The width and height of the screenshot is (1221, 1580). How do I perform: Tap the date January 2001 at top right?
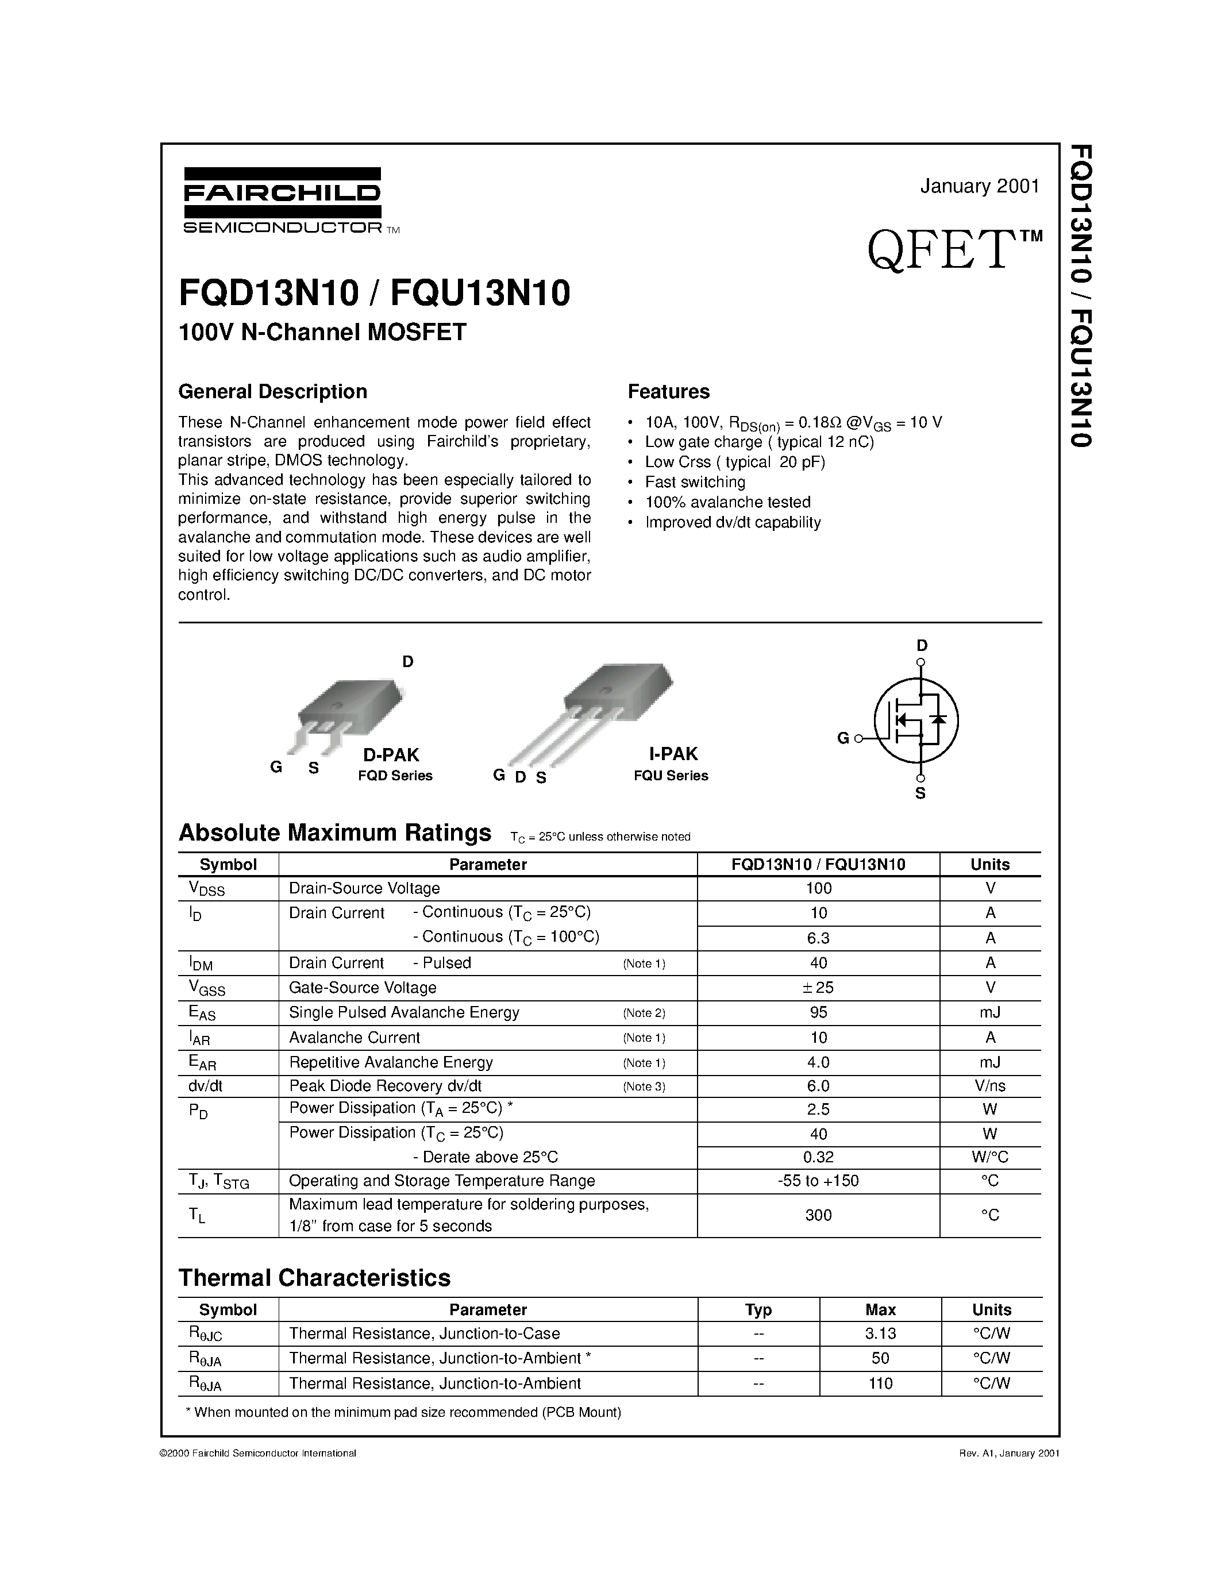point(980,187)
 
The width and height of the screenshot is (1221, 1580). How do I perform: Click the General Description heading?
point(273,391)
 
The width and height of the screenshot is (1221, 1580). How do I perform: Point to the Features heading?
point(668,391)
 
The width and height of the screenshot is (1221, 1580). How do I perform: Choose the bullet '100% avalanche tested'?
point(727,502)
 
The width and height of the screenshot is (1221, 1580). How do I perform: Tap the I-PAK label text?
point(673,754)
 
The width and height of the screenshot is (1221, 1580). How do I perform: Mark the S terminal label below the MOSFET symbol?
point(920,793)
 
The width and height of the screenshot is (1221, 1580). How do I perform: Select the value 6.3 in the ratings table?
point(818,938)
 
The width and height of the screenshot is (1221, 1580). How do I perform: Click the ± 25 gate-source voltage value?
point(818,988)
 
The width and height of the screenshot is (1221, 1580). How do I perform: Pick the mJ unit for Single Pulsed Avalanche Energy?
point(989,1013)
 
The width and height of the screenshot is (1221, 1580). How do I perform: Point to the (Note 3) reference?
point(644,1086)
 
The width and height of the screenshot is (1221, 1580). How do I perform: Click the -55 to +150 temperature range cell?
point(818,1181)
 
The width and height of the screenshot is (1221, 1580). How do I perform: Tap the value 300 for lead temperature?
point(818,1215)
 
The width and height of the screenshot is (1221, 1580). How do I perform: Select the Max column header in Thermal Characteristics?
point(880,1309)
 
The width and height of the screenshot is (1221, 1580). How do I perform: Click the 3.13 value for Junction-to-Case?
point(880,1334)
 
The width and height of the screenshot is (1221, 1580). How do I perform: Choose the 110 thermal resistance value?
point(880,1384)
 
